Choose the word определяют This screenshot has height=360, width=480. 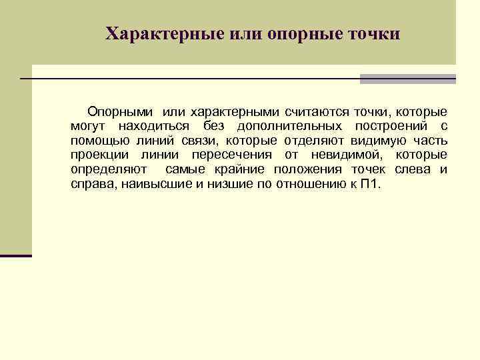tap(103, 170)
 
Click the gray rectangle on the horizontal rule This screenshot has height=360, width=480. tap(407, 79)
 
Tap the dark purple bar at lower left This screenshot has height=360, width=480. tap(16, 255)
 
